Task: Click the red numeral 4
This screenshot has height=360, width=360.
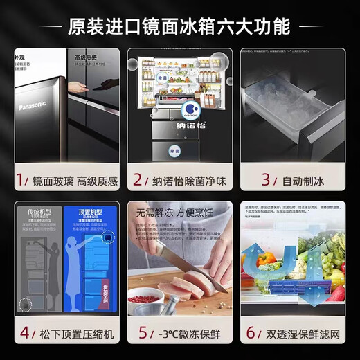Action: [x=24, y=332]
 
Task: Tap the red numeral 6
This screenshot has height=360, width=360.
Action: [x=251, y=332]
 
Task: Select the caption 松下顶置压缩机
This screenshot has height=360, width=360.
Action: [x=74, y=332]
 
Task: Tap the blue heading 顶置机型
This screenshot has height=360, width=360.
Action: [x=90, y=211]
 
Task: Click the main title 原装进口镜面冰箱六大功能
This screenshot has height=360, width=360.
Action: [x=179, y=27]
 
